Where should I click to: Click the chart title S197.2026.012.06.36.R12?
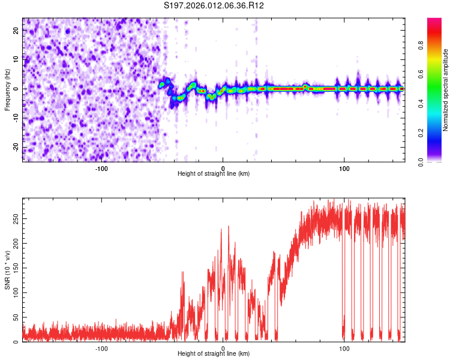click(x=214, y=6)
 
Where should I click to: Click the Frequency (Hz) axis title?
click(x=7, y=90)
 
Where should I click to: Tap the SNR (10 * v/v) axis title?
click(x=7, y=270)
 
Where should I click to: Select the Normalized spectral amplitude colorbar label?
click(x=446, y=90)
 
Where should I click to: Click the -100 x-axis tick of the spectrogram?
click(x=101, y=168)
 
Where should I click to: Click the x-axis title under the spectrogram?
click(x=214, y=174)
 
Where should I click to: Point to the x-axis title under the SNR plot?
click(x=214, y=354)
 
